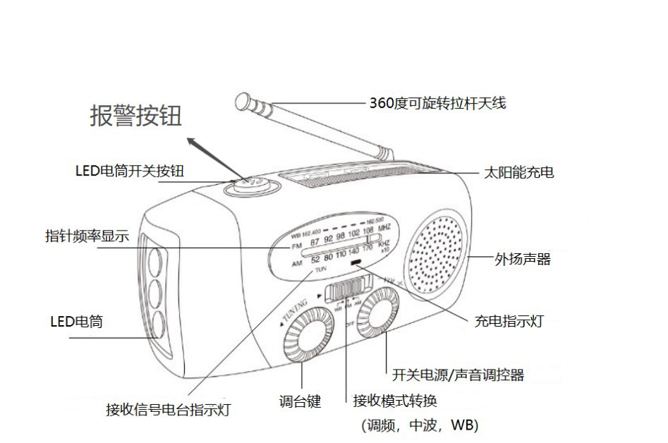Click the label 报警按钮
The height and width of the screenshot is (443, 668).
point(135,115)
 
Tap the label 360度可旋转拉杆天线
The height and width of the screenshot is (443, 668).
point(437,103)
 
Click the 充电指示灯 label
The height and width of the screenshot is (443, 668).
point(508,322)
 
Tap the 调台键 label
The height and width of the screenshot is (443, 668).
point(300,401)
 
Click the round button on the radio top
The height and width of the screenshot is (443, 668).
point(252,186)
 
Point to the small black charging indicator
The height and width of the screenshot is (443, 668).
point(356,265)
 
